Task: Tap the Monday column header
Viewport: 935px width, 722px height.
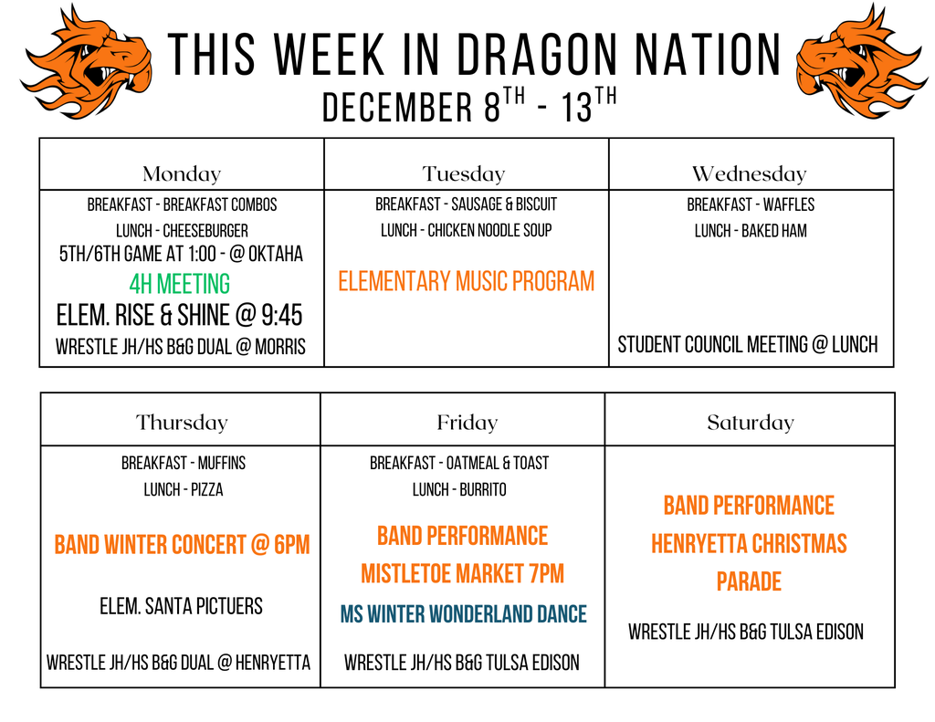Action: (182, 173)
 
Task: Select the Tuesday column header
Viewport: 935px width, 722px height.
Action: (464, 173)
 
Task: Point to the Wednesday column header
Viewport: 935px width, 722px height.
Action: (749, 173)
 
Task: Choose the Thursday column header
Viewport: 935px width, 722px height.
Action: (182, 423)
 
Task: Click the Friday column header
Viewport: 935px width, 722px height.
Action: (467, 423)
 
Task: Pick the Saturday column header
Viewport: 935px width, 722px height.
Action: (751, 423)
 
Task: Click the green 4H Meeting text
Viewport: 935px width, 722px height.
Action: (180, 285)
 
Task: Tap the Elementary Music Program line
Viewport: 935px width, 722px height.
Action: (466, 281)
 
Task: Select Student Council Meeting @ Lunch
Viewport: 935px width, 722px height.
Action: (748, 345)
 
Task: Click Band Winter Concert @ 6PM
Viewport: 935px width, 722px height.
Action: (182, 546)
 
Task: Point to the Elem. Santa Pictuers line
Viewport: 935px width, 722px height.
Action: (181, 606)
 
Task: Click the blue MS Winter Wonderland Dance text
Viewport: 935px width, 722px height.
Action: (463, 614)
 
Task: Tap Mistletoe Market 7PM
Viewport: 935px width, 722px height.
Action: (462, 574)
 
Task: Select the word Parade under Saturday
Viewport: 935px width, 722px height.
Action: (749, 582)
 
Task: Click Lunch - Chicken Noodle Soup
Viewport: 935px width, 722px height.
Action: (466, 231)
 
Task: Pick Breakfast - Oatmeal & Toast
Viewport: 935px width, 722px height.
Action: (459, 464)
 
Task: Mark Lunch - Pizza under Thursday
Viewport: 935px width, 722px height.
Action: (183, 490)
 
